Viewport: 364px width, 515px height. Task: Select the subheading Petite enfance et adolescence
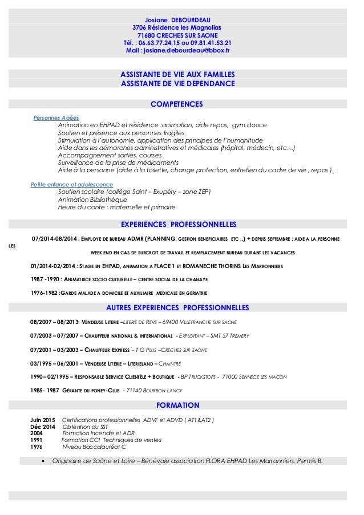click(72, 185)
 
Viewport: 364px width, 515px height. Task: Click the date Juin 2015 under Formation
click(43, 420)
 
